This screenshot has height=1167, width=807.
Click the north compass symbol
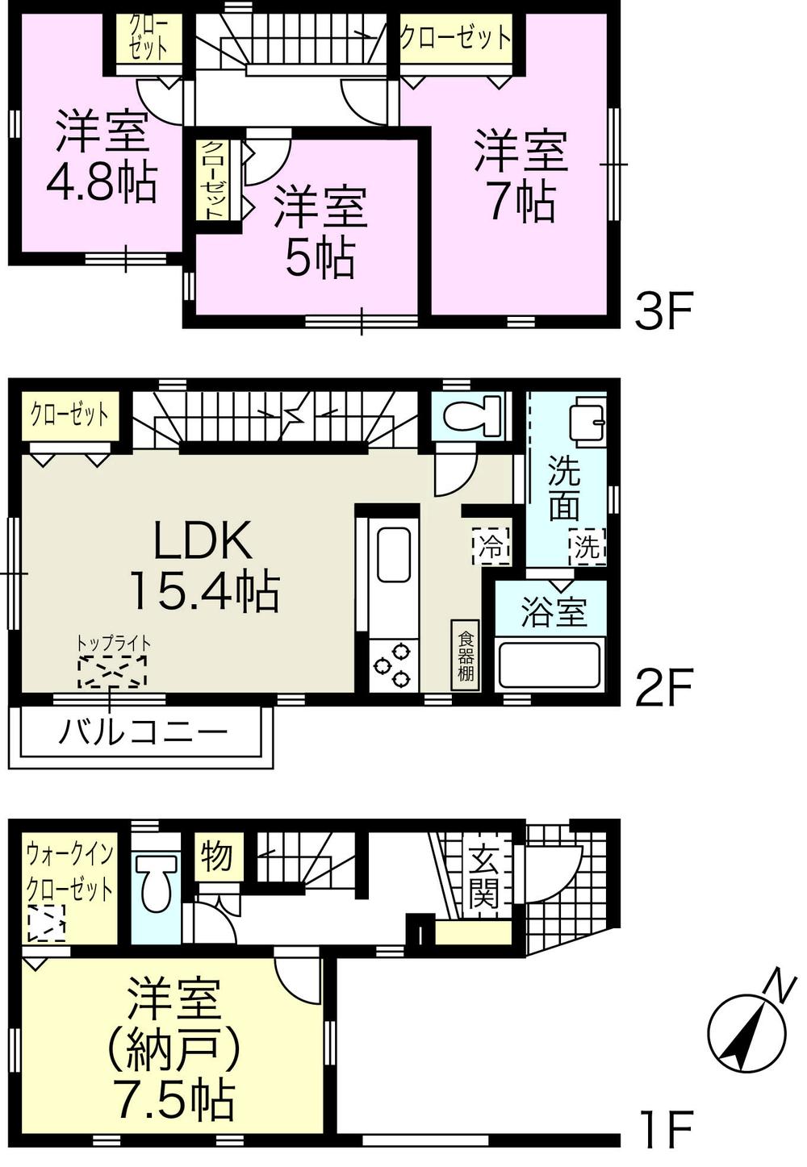coord(746,1033)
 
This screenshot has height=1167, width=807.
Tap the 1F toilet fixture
coord(157,884)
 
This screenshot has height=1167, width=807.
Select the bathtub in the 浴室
coord(550,663)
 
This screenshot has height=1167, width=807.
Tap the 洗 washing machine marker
coord(587,548)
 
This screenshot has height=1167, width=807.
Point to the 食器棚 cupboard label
coord(466,655)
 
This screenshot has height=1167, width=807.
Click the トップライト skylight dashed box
coord(113,671)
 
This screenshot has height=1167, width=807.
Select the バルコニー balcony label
coord(142,733)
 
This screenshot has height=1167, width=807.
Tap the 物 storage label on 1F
coord(216,856)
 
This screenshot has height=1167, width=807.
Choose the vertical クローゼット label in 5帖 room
coord(213,181)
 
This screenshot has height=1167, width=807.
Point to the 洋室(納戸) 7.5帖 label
coord(174,1048)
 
